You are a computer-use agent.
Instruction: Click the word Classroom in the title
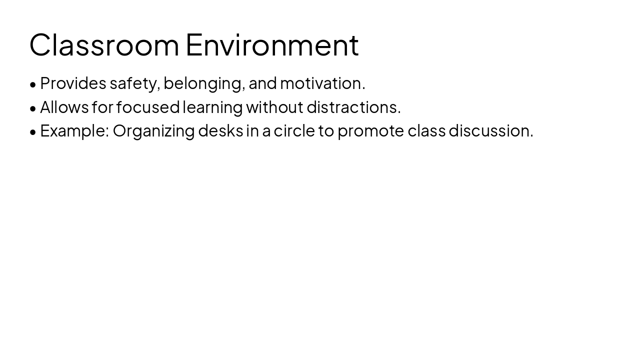[x=104, y=45]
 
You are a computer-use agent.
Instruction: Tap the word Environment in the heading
[x=272, y=45]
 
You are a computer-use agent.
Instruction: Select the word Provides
[x=73, y=83]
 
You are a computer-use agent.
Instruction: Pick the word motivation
[x=322, y=83]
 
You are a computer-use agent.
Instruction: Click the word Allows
[x=64, y=107]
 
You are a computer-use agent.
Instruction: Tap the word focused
[x=148, y=107]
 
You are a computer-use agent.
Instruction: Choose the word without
[x=274, y=107]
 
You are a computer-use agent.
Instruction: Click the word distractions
[x=353, y=107]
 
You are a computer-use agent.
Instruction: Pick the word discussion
[x=490, y=130]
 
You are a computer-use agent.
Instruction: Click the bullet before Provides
[x=33, y=84]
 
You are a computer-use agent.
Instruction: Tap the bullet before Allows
[x=33, y=108]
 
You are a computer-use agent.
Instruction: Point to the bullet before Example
[x=33, y=132]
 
